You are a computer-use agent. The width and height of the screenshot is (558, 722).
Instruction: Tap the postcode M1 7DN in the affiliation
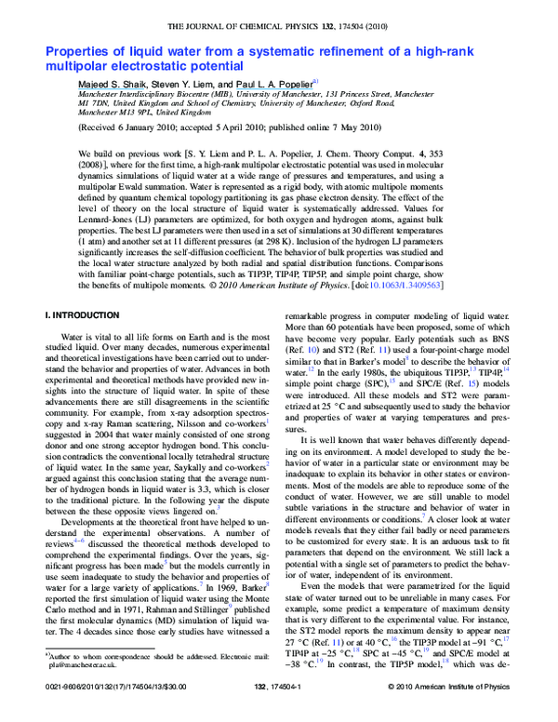[97, 103]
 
